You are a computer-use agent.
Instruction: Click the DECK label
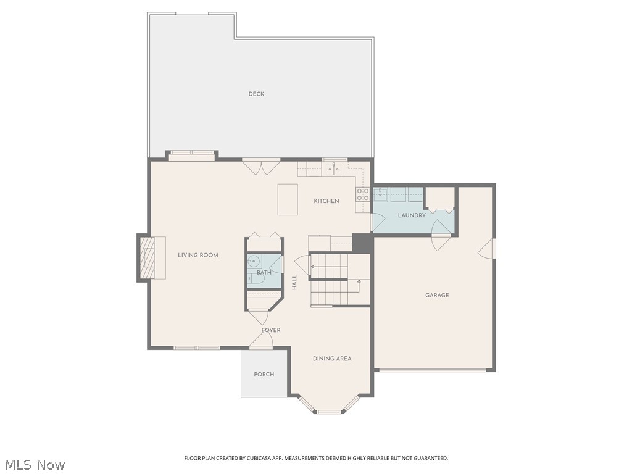(256, 94)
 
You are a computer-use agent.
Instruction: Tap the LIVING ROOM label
(198, 255)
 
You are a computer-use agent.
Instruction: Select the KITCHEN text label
(326, 201)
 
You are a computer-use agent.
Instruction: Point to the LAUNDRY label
(412, 215)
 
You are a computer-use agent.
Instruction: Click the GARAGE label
(437, 295)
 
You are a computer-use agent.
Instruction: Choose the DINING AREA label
(332, 359)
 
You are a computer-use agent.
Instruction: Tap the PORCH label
(264, 375)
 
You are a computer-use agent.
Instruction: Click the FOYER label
(271, 330)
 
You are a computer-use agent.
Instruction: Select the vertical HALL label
(294, 283)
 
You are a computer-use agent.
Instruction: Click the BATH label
(264, 272)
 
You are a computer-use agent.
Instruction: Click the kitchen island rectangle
(288, 199)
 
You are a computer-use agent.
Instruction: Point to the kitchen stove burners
(363, 194)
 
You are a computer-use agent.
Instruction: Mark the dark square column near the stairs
(362, 243)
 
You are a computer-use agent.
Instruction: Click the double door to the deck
(261, 165)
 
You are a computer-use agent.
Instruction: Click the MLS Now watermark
(35, 464)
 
